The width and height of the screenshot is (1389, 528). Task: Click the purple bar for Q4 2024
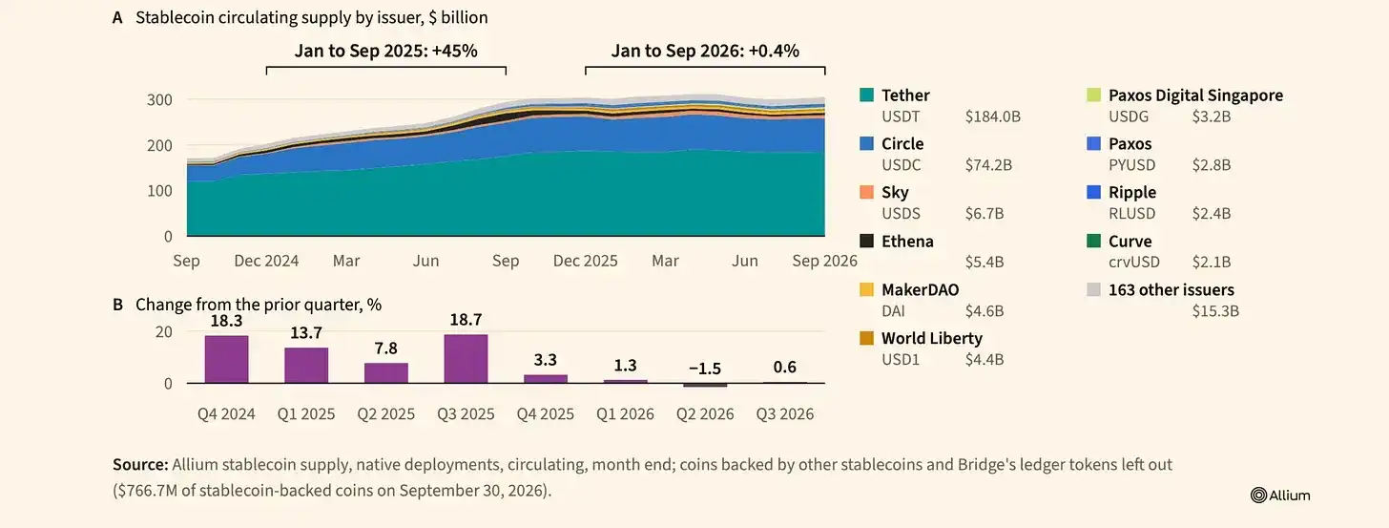226,359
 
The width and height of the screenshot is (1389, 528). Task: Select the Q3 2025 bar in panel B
466,359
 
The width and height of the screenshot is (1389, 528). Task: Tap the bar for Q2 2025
385,373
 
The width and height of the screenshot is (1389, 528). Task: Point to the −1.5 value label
705,369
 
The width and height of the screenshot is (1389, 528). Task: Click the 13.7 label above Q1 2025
306,333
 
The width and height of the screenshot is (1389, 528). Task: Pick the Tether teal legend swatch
866,95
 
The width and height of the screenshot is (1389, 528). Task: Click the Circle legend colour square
866,143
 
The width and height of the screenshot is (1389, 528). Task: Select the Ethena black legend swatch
866,241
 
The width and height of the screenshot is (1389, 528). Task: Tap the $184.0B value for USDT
993,116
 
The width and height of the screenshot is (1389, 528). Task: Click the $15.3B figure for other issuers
1215,311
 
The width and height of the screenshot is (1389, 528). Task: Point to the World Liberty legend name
932,338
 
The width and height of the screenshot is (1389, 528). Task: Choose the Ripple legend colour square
1094,192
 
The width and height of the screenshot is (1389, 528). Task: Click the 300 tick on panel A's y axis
159,100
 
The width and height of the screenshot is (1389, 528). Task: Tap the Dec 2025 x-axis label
586,261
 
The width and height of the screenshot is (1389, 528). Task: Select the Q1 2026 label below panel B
625,413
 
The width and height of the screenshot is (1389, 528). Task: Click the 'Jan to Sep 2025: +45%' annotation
385,51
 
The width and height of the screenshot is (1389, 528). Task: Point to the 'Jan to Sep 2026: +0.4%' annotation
705,51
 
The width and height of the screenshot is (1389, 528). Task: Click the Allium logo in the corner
1280,495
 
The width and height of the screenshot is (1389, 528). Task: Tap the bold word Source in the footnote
141,465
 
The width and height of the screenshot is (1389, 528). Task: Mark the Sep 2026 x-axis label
824,261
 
